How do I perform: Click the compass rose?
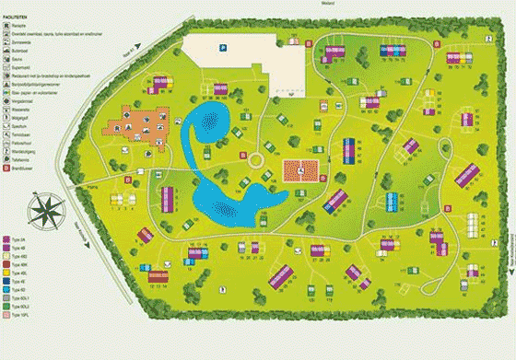[x=42, y=210]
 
